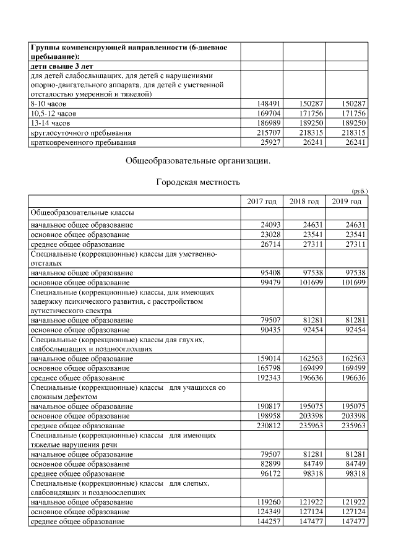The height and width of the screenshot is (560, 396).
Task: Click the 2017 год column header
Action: [x=262, y=202]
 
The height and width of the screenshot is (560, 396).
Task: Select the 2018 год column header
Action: [x=304, y=202]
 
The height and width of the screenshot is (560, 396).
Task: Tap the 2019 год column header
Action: [x=346, y=202]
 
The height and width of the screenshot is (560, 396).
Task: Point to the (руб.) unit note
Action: [x=358, y=191]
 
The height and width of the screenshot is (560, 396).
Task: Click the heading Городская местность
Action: [x=197, y=183]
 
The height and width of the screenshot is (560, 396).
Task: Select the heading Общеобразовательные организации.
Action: [x=197, y=160]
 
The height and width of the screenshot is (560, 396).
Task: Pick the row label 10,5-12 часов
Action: [x=54, y=113]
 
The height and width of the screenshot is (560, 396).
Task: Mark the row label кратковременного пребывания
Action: [x=82, y=143]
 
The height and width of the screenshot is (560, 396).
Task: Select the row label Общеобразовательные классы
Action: [x=82, y=213]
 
